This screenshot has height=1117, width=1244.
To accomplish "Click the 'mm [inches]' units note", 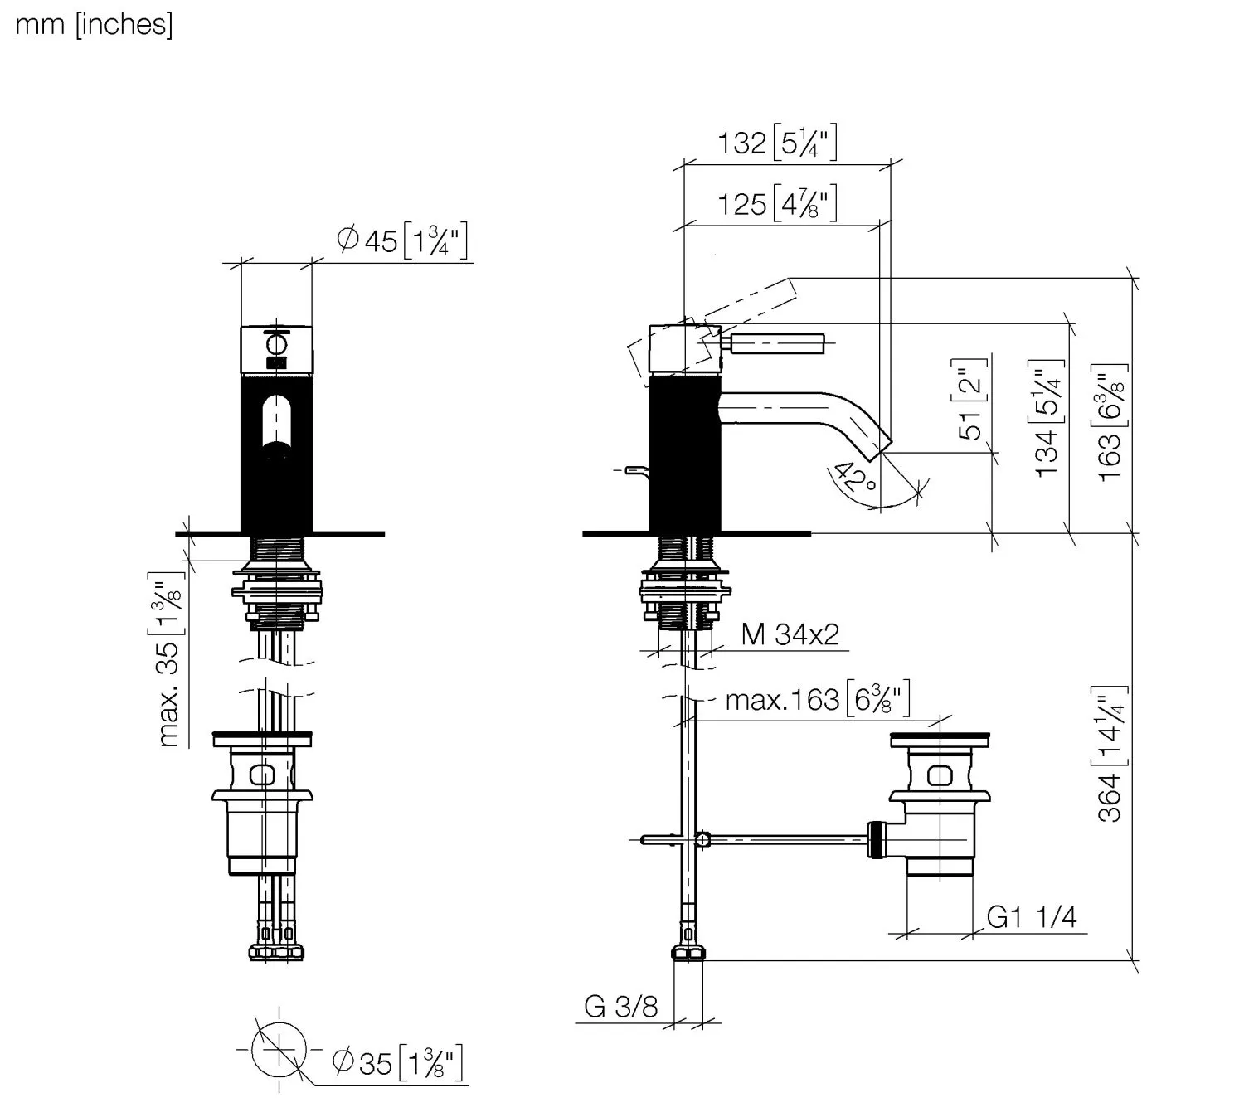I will [x=94, y=25].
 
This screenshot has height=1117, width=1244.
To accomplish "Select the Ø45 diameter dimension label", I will [x=403, y=241].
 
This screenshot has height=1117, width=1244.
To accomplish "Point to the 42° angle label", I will [x=856, y=478].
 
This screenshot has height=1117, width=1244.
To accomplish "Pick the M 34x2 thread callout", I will [x=790, y=634].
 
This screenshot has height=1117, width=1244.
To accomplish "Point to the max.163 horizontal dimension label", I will [x=817, y=700].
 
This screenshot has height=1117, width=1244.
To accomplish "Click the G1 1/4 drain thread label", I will [x=1032, y=917].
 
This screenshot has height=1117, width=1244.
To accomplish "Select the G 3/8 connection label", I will [x=621, y=1007].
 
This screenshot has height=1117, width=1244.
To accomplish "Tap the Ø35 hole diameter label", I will [x=397, y=1062].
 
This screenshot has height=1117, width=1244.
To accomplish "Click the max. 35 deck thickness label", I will [x=169, y=659].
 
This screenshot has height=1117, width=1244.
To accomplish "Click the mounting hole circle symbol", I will [x=279, y=1050].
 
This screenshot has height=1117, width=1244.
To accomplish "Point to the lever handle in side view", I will [x=775, y=342].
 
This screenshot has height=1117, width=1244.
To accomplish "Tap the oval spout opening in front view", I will [x=276, y=423].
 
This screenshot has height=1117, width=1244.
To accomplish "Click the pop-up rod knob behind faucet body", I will [x=634, y=471].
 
